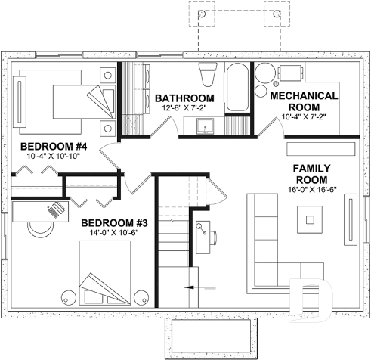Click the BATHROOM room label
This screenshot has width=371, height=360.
click(184, 99)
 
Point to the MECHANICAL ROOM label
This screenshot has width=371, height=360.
click(303, 101)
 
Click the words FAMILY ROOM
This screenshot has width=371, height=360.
click(311, 173)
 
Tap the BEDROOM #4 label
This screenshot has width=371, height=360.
click(54, 146)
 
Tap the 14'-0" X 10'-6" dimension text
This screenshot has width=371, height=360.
click(114, 233)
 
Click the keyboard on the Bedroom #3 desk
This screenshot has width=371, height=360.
click(55, 210)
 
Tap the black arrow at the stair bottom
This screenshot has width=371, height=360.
click(191, 288)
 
